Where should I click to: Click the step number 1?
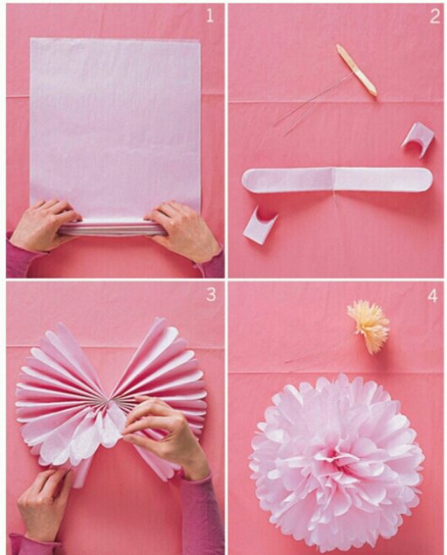click(x=210, y=16)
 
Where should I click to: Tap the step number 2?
click(x=435, y=16)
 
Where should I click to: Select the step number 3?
click(x=211, y=294)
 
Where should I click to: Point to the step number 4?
click(x=433, y=295)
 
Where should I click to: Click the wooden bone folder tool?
click(x=357, y=70)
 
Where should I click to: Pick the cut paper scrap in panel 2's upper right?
click(x=418, y=140)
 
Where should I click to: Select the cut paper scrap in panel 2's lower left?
click(x=260, y=225)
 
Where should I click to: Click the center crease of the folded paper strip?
click(x=333, y=180)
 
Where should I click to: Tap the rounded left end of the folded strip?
click(x=249, y=181)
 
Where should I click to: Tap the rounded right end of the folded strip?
click(x=425, y=180)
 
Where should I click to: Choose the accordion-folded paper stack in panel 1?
click(x=112, y=228)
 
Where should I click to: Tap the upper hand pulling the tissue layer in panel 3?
click(x=165, y=434)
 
